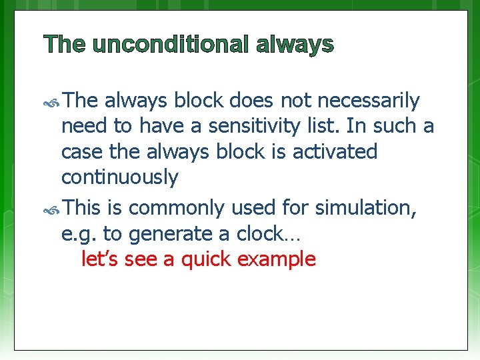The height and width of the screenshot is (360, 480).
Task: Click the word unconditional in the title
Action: (171, 45)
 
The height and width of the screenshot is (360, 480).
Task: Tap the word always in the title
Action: (294, 45)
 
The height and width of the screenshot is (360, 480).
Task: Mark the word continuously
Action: (119, 177)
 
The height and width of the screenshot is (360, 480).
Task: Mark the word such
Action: (397, 126)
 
